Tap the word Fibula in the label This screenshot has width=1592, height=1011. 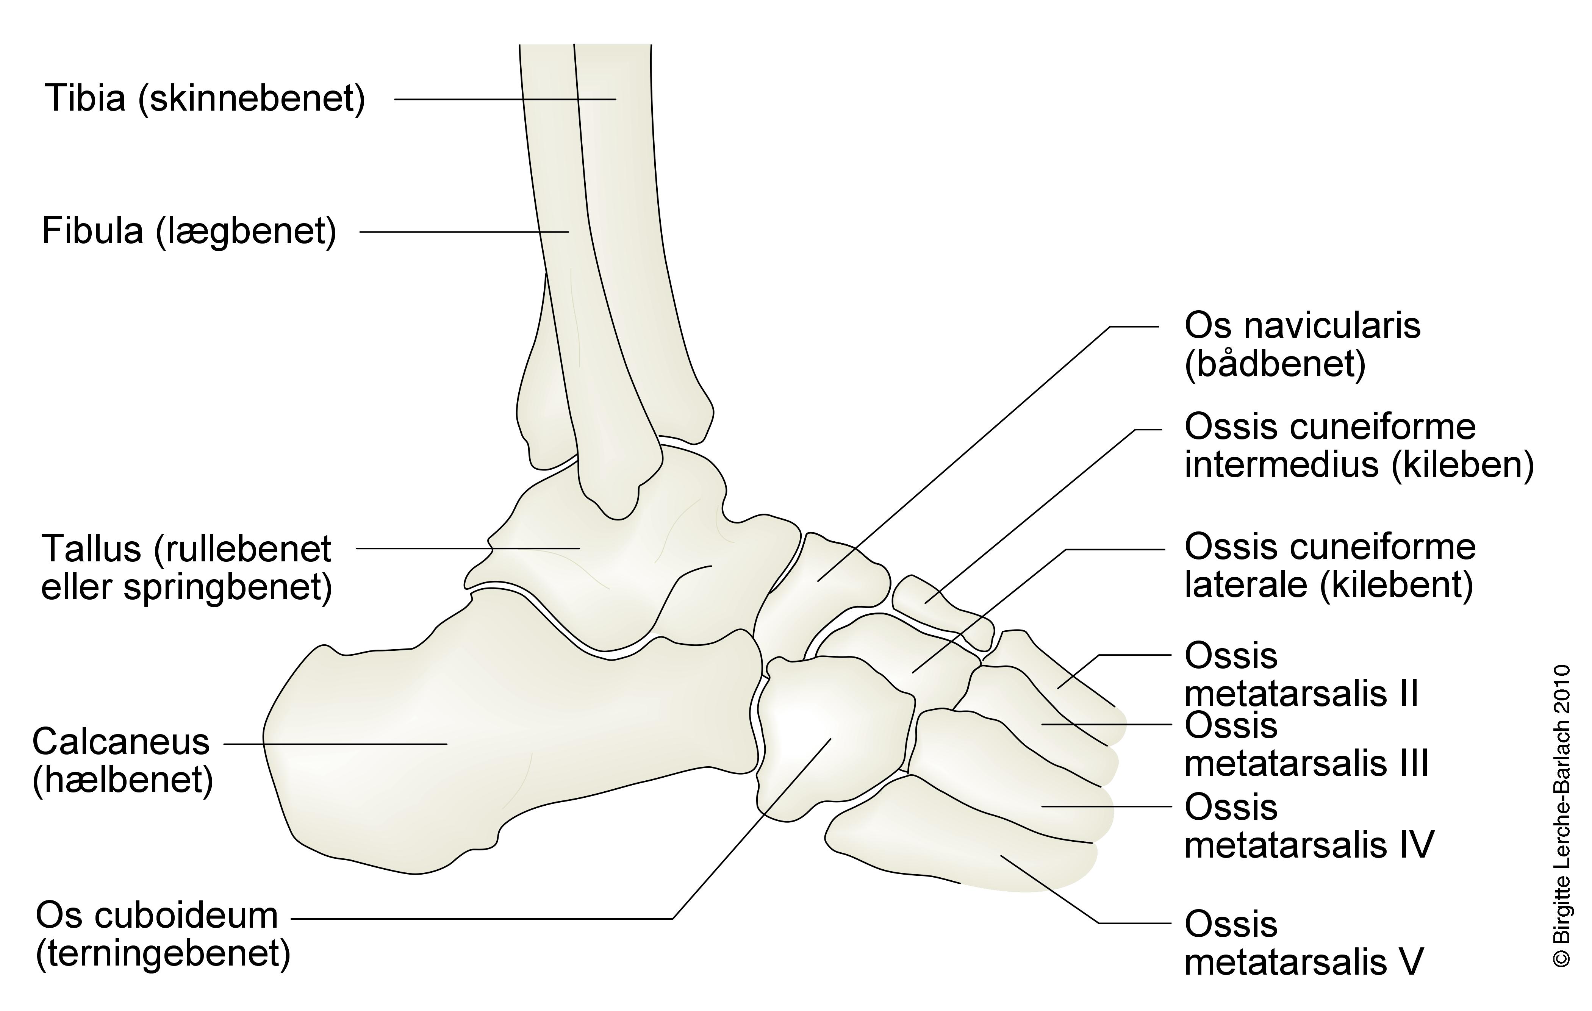click(x=92, y=231)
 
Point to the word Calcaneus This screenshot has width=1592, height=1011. click(x=121, y=742)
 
